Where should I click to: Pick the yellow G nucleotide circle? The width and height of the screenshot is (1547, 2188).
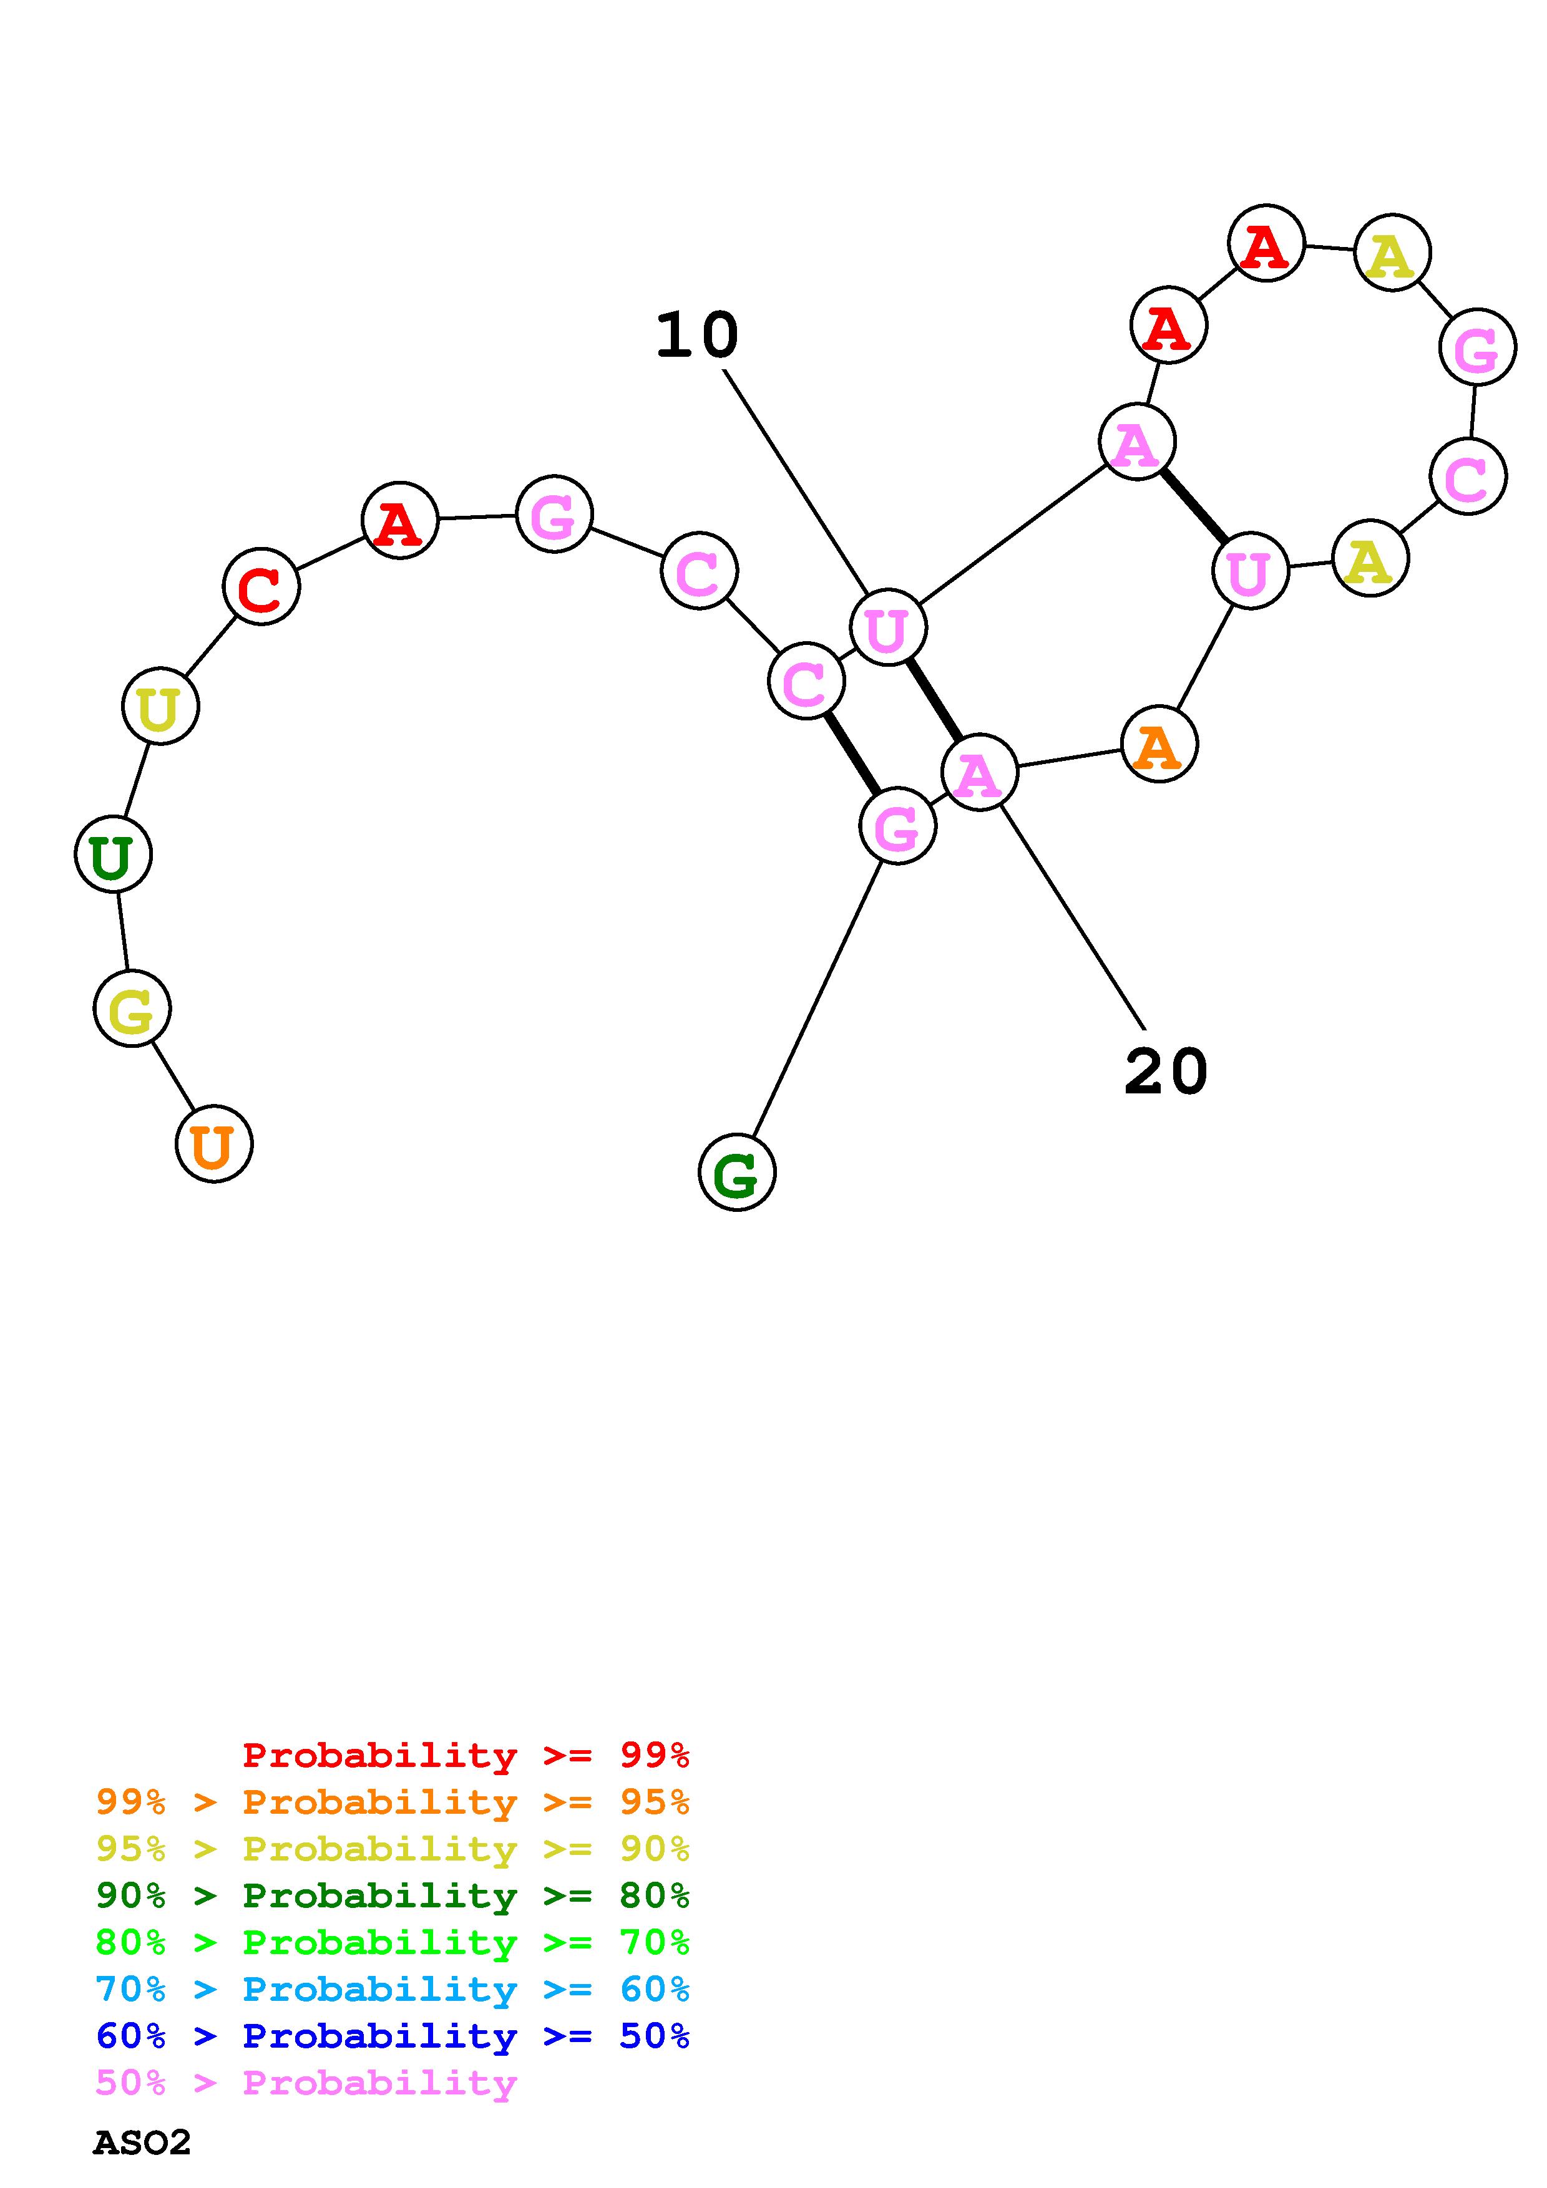[132, 1008]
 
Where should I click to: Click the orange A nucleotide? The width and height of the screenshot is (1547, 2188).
[1159, 744]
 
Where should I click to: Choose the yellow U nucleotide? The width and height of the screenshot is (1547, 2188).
[160, 706]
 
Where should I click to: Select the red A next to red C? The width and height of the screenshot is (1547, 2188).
[399, 520]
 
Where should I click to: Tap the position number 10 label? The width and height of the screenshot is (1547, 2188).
[697, 336]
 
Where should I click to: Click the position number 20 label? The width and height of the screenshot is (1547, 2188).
[1166, 1071]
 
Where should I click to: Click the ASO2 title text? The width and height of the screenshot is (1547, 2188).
[142, 2143]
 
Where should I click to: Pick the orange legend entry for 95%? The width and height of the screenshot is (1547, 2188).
[393, 1802]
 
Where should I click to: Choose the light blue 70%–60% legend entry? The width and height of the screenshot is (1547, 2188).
[393, 1989]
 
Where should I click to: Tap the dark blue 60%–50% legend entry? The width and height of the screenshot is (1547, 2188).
[393, 2036]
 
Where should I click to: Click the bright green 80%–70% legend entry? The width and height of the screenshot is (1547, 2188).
[393, 1942]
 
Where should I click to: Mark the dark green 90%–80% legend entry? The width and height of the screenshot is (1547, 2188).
[393, 1895]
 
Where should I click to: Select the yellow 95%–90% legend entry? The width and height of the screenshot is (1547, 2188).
[393, 1849]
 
